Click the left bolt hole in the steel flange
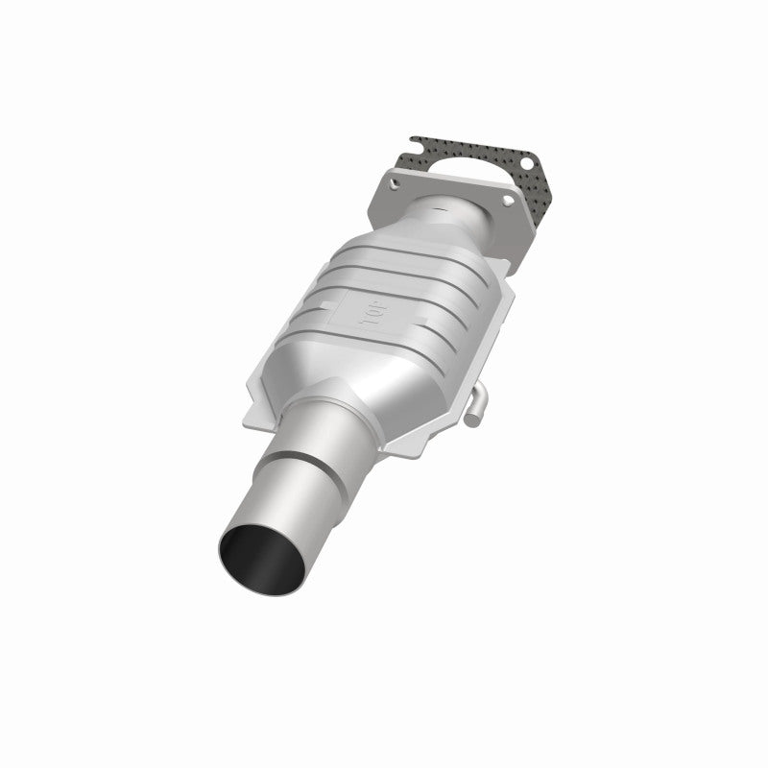[x=395, y=179]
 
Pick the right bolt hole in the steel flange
[x=507, y=206]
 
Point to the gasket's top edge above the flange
[x=451, y=140]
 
